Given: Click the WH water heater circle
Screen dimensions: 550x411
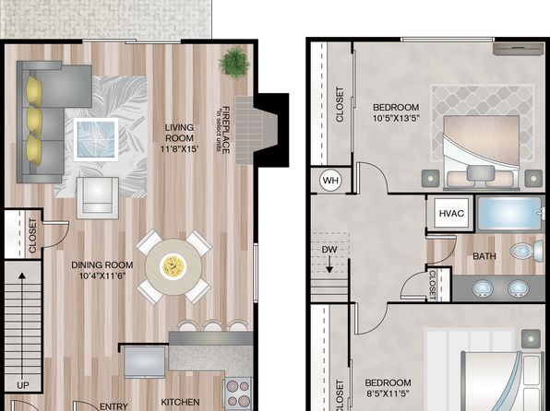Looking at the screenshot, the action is [330, 181].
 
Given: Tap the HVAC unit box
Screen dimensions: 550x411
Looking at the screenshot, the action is [451, 213].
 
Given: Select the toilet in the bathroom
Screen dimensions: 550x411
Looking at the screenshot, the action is [527, 250].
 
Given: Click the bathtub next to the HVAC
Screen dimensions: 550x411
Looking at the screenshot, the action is [510, 214].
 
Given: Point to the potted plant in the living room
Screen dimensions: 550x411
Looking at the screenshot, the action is [234, 63].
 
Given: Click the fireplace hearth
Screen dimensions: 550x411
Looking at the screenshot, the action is [256, 130].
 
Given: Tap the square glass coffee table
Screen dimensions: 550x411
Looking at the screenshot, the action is [96, 139].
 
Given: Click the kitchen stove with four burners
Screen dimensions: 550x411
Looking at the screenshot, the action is [237, 393].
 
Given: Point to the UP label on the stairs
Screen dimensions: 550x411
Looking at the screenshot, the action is [23, 385].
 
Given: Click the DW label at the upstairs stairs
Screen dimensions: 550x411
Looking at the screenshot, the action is [329, 250].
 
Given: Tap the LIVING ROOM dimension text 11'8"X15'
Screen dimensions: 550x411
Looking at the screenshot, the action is [180, 148].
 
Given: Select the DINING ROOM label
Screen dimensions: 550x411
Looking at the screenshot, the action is [102, 264].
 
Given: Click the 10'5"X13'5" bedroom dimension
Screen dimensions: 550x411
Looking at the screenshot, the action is [396, 118].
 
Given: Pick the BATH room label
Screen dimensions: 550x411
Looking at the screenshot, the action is [484, 256].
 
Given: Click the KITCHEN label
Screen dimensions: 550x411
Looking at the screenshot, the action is [180, 402].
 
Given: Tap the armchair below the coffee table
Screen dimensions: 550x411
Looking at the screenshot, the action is [98, 197].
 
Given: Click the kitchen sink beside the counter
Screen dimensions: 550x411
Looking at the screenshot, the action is [144, 362].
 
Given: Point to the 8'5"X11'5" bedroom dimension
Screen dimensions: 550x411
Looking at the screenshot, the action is [388, 393].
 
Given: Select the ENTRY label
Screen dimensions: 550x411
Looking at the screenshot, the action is [114, 406].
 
